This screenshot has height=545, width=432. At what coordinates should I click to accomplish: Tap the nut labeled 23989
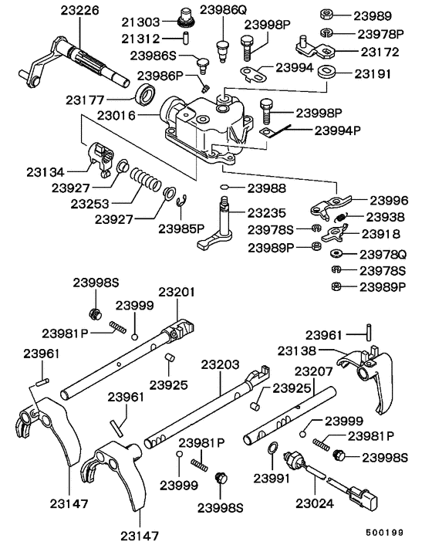(x=325, y=15)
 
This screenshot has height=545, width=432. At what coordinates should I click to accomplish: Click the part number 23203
(x=219, y=364)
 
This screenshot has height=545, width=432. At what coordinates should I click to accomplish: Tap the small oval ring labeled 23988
(x=224, y=188)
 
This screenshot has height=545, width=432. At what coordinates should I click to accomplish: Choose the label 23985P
(x=181, y=228)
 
